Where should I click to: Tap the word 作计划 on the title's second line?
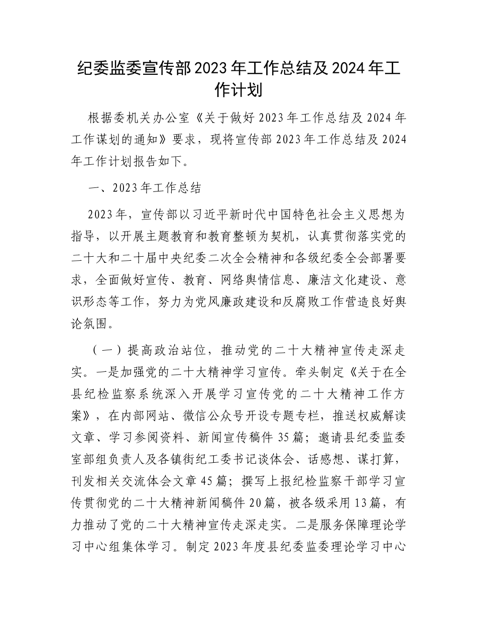point(238,91)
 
